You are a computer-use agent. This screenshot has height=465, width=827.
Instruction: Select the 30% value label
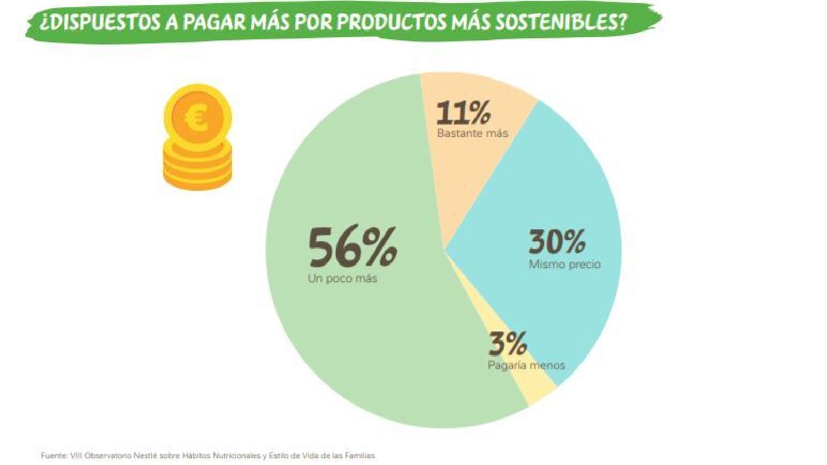pos(557,241)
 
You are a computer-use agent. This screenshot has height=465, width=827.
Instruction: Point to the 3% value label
pos(508,344)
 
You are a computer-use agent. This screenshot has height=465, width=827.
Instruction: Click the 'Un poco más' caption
pos(342,278)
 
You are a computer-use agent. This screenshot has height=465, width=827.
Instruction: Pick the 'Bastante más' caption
pos(472,133)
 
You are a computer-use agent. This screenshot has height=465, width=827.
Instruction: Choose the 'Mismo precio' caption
pos(564,265)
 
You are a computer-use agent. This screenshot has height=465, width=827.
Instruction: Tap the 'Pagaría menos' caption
pos(526,365)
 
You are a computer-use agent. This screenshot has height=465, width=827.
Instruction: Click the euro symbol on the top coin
pos(197,118)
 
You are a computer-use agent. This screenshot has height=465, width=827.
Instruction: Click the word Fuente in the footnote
pos(54,456)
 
